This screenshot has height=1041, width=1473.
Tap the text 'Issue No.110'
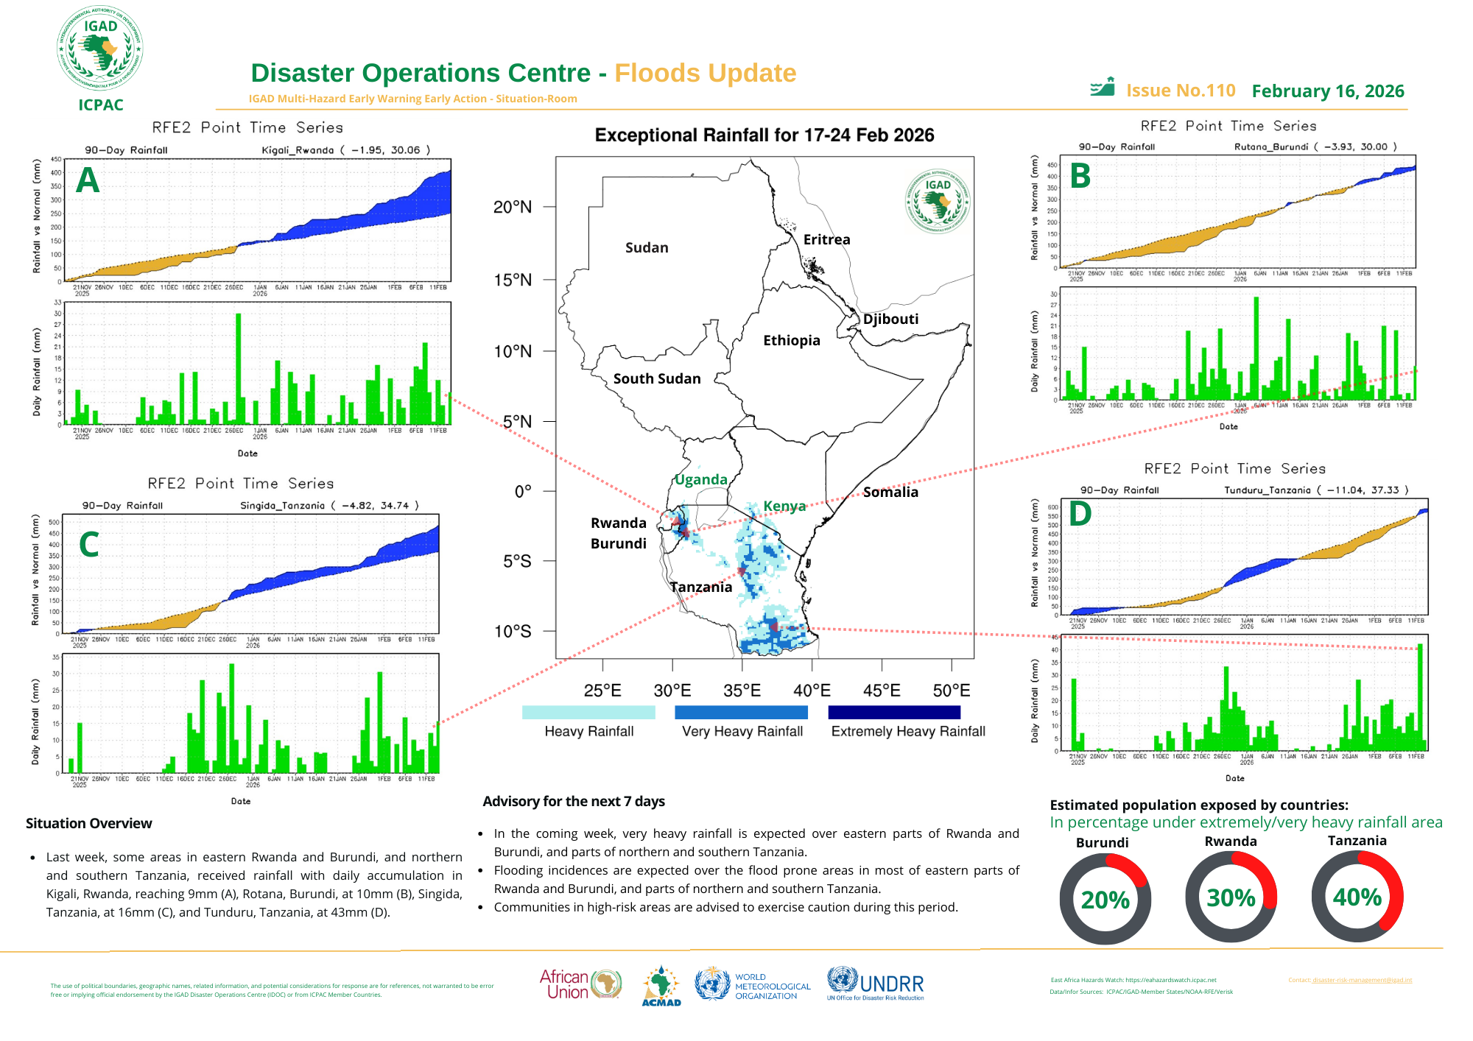pos(1181,91)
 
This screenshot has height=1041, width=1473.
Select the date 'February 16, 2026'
pos(1327,91)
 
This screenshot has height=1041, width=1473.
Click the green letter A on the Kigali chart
pos(88,180)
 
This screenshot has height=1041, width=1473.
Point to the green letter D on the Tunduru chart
pos(1080,514)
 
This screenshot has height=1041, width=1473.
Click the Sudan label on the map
pos(647,247)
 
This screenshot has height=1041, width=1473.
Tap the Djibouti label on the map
pos(890,319)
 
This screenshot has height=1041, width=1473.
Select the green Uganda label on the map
pos(701,479)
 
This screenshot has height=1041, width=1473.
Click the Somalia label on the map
pos(890,492)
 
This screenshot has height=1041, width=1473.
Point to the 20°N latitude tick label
pos(513,207)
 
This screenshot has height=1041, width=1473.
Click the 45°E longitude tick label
pos(882,691)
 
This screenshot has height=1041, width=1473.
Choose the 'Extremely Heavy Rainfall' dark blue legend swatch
pos(894,712)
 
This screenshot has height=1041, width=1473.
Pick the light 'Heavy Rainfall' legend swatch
pos(588,712)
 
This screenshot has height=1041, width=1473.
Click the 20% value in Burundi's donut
pos(1105,900)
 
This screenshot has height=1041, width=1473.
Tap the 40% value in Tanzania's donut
pos(1357,897)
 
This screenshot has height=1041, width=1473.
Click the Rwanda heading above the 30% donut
pos(1231,841)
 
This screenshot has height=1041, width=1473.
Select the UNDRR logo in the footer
pos(876,984)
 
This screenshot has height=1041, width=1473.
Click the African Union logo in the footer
pos(580,984)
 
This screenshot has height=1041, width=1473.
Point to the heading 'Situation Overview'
pos(89,823)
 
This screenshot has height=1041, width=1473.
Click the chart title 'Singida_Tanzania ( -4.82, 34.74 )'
pos(329,506)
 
